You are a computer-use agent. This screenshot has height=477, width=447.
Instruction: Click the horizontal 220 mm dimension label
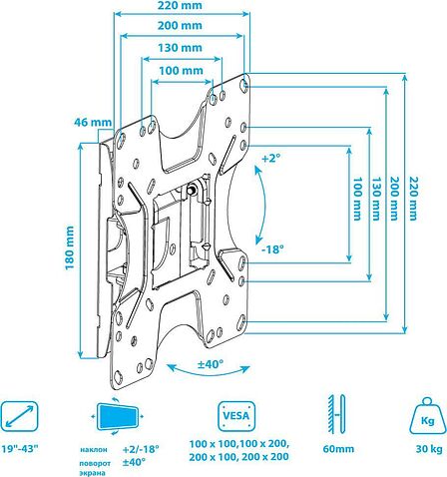click(x=180, y=6)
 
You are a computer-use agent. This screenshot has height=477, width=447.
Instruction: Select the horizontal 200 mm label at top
click(x=180, y=26)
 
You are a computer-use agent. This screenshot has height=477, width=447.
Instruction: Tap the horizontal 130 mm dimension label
click(x=180, y=48)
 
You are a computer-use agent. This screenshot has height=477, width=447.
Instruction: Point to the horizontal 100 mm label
click(x=181, y=71)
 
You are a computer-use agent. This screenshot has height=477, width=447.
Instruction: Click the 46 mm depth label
click(x=93, y=122)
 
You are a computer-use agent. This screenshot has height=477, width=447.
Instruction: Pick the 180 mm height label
click(x=70, y=248)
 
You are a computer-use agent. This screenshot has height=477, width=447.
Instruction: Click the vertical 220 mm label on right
click(x=413, y=199)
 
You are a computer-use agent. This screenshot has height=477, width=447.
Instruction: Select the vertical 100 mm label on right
click(x=357, y=199)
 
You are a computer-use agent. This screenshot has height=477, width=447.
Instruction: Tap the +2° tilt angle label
click(x=271, y=159)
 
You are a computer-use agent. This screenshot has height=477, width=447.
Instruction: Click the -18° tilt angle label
click(x=272, y=249)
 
